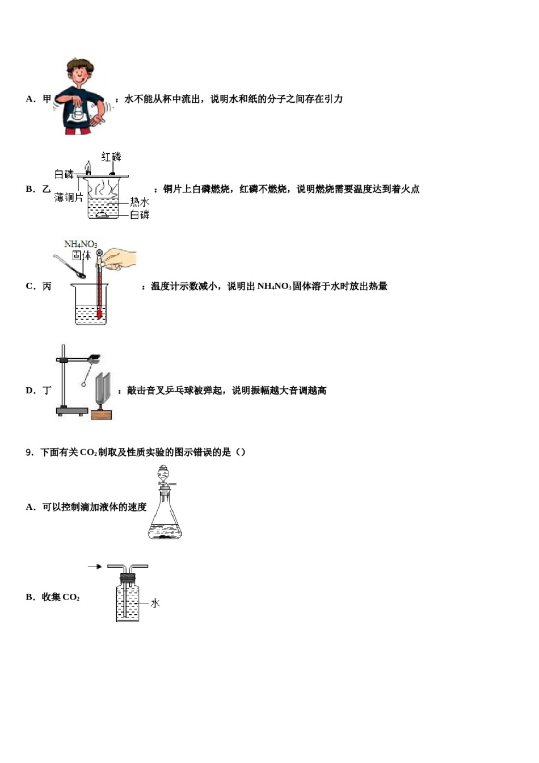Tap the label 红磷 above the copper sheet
[111, 157]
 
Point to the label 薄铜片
[69, 198]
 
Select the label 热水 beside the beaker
[140, 202]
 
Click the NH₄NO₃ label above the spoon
[81, 244]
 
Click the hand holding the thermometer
[120, 258]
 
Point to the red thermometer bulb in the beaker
[99, 313]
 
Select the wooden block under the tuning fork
[102, 414]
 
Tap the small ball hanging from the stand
[84, 384]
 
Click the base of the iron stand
[71, 410]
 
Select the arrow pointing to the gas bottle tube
[95, 567]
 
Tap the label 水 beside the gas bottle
[155, 603]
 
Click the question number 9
[30, 452]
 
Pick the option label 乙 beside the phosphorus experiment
[47, 189]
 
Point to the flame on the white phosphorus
[88, 166]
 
